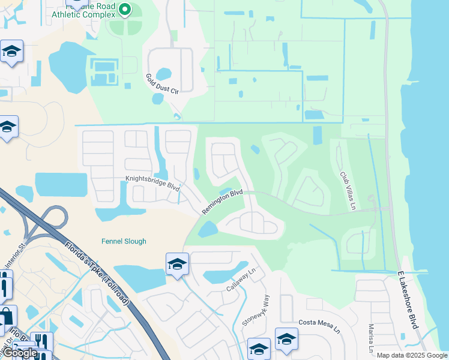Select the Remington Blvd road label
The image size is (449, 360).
pos(222,202)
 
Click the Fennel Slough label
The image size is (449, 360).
pos(123,241)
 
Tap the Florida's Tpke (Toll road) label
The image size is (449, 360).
pos(97,272)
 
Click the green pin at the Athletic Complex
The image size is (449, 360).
pos(125,9)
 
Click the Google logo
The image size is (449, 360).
pos(20,353)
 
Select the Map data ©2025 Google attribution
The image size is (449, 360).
pos(412,355)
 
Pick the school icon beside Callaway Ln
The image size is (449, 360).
pos(178,265)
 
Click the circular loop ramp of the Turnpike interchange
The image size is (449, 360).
pos(54,218)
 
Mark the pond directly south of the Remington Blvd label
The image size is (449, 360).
pos(208,229)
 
